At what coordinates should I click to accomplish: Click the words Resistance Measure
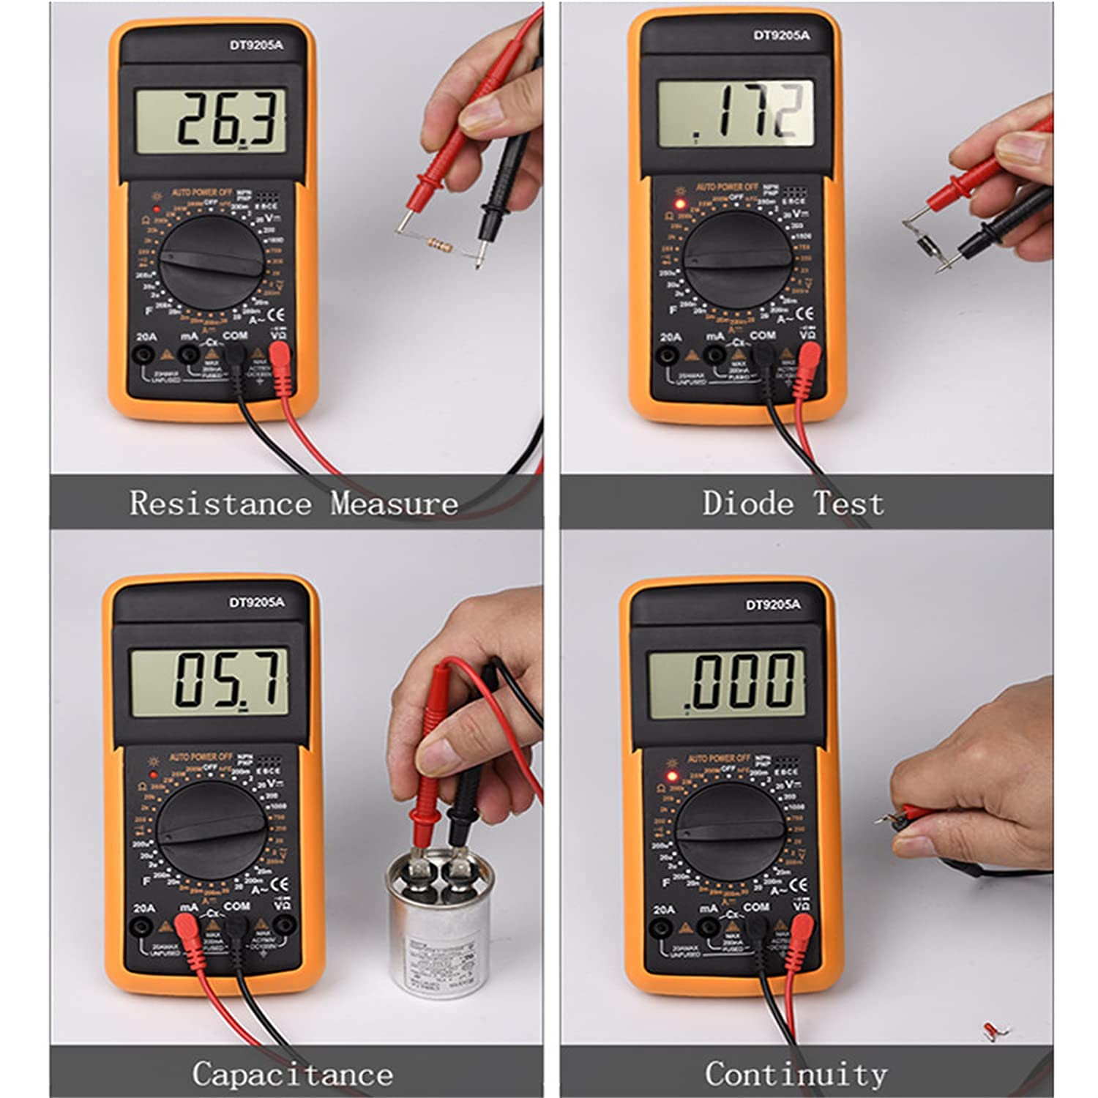click(294, 504)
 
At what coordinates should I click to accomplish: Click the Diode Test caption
click(793, 504)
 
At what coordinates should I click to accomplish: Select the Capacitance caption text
click(292, 1074)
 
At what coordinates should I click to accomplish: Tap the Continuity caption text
click(796, 1074)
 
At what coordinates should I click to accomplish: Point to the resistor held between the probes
click(438, 244)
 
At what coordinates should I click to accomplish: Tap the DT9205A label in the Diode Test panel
click(781, 35)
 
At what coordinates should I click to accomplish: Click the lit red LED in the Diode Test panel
click(679, 204)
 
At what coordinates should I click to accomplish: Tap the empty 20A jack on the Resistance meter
click(146, 355)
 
